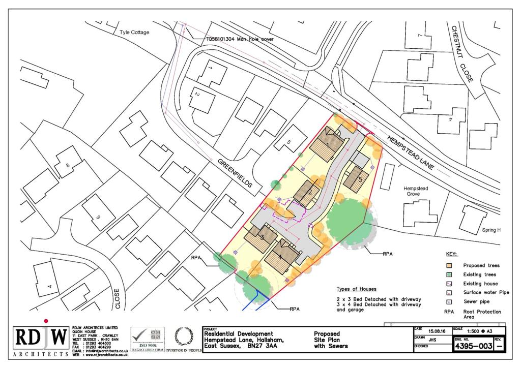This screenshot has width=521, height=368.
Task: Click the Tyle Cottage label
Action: click(x=134, y=33)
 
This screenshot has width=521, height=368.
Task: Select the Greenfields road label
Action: click(x=235, y=173)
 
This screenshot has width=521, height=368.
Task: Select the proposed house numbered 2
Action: click(x=307, y=193)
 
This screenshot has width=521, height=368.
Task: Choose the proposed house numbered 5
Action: click(x=356, y=178)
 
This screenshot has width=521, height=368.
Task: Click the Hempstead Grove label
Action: click(x=416, y=191)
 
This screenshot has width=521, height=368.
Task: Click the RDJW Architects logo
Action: click(x=41, y=340)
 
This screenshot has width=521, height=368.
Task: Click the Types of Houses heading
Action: click(x=356, y=289)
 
